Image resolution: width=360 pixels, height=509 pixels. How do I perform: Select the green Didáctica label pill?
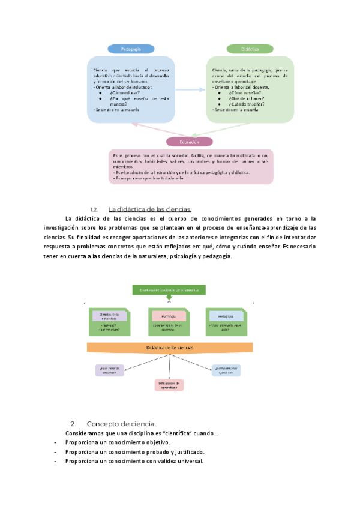(x=250, y=49)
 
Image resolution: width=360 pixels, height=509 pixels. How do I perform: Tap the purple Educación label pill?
(x=190, y=142)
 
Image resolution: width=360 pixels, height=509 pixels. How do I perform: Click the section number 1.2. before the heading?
(x=93, y=209)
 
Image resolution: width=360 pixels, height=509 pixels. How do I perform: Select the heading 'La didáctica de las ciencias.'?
(x=149, y=209)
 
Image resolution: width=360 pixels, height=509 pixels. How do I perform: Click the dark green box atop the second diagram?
(x=169, y=290)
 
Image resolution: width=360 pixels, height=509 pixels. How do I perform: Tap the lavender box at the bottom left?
(x=109, y=370)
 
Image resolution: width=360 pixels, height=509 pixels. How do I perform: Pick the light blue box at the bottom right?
(x=226, y=370)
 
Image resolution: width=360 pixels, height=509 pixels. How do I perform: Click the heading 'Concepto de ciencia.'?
(x=121, y=423)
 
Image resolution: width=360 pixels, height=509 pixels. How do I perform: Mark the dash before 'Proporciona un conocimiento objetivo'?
(x=55, y=442)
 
